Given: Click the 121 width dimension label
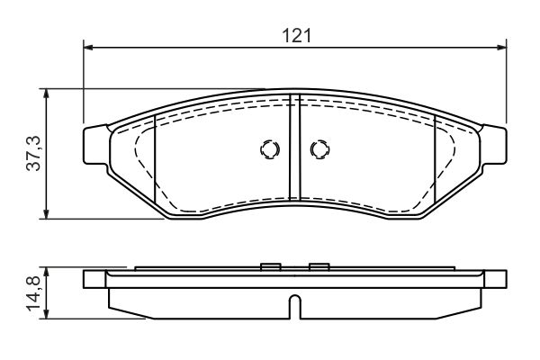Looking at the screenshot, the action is [x=296, y=36].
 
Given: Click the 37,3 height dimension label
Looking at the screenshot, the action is [x=34, y=153].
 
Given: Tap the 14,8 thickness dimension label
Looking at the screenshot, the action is [x=34, y=294].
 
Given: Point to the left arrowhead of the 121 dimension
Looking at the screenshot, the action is [x=88, y=48].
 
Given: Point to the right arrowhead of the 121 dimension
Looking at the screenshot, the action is [x=501, y=48].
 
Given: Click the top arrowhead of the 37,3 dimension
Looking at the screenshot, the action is [x=47, y=94].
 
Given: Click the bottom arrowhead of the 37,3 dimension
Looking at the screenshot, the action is [x=47, y=213].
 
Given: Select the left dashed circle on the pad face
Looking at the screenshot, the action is [x=270, y=149].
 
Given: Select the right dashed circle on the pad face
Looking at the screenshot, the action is [x=319, y=149].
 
